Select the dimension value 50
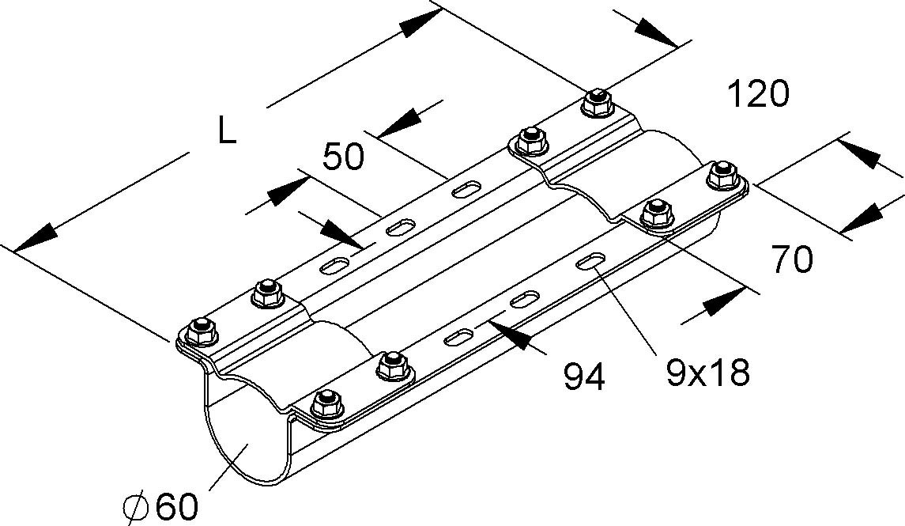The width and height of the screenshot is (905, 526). coord(344,157)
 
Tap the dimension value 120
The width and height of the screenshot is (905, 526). coord(757,95)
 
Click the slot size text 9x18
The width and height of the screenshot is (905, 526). coord(707,373)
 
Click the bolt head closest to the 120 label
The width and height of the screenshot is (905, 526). coord(598,102)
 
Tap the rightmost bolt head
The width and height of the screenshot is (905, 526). coord(720,175)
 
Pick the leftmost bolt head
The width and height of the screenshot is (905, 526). coord(202,329)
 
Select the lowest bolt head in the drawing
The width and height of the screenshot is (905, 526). coord(325,403)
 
